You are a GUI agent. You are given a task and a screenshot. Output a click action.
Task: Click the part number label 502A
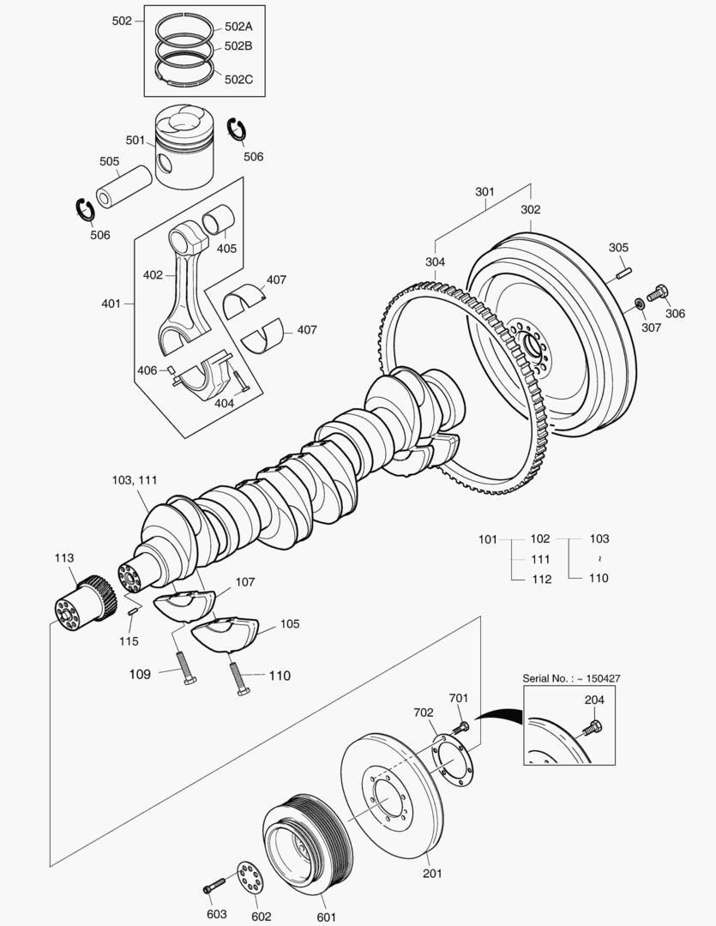pyautogui.click(x=238, y=27)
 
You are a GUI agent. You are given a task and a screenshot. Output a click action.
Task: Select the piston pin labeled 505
pyautogui.click(x=123, y=186)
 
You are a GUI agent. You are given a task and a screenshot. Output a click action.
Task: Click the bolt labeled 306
pyautogui.click(x=659, y=292)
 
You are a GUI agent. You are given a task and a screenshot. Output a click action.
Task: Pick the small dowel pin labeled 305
pyautogui.click(x=623, y=274)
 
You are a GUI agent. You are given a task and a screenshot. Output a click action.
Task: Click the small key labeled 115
pyautogui.click(x=132, y=612)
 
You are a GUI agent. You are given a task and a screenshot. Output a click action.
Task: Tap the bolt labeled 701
pyautogui.click(x=461, y=727)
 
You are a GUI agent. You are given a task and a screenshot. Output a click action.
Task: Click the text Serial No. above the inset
pyautogui.click(x=547, y=678)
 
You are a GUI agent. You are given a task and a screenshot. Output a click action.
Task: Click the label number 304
pyautogui.click(x=435, y=262)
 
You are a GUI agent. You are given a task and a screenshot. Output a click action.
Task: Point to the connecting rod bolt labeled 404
pyautogui.click(x=240, y=384)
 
